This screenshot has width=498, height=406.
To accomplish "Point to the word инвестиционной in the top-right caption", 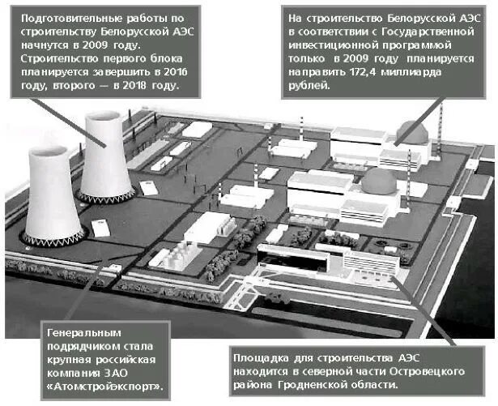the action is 330,45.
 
